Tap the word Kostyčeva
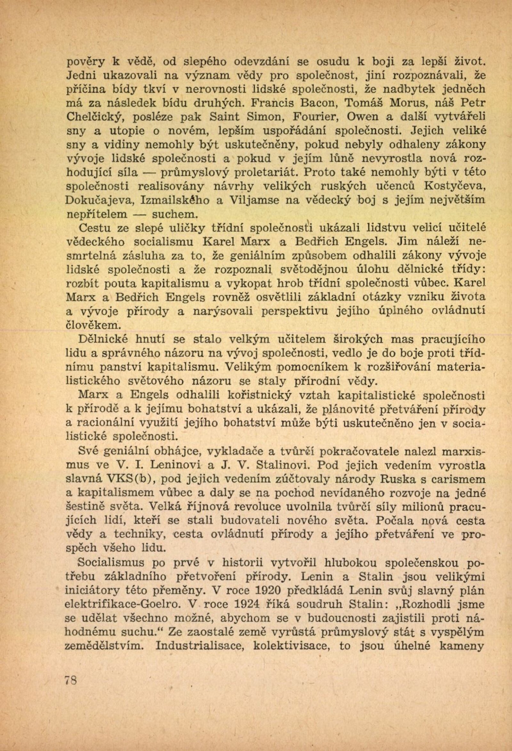[454, 187]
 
